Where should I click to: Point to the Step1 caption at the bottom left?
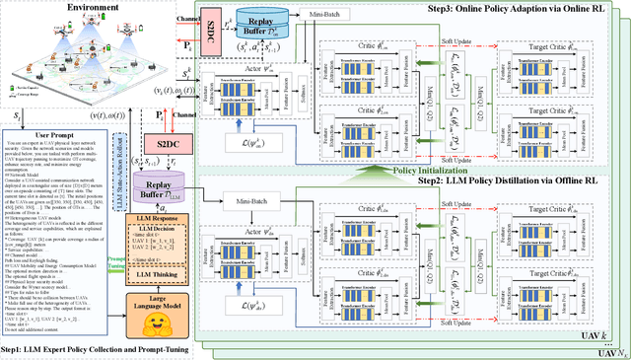(x=95, y=350)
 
